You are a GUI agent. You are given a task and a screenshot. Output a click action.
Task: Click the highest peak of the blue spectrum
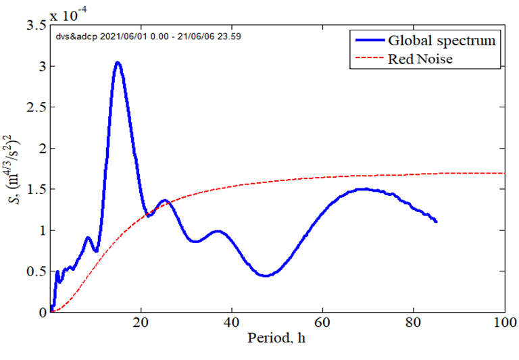(118, 63)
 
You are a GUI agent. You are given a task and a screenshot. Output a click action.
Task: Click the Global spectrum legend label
(441, 41)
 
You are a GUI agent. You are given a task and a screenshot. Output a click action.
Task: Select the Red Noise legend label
(420, 59)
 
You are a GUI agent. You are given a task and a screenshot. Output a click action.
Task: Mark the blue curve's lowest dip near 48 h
(266, 276)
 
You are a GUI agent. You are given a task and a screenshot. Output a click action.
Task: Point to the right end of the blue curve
(436, 222)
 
